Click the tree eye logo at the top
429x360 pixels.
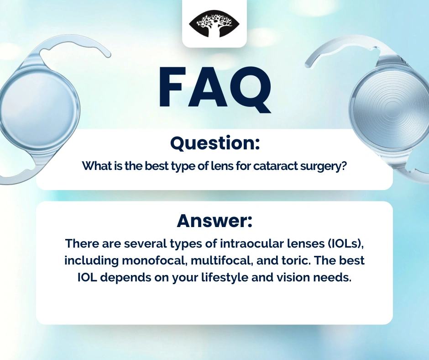pyautogui.click(x=214, y=24)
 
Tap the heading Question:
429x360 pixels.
pyautogui.click(x=215, y=143)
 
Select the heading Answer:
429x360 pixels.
pyautogui.click(x=214, y=221)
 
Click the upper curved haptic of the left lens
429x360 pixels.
pyautogui.click(x=74, y=47)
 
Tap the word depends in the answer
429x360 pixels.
pyautogui.click(x=125, y=278)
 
